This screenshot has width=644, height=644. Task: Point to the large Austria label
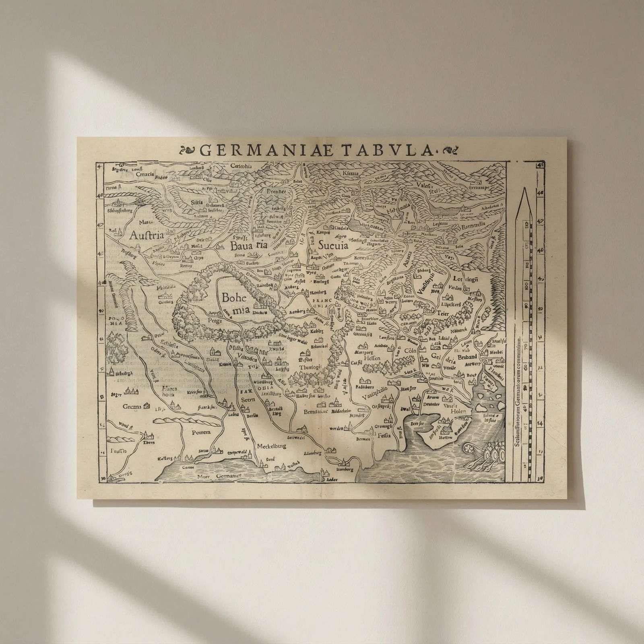coord(147,235)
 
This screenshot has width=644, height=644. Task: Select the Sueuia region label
coord(333,245)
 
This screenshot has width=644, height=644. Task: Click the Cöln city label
coord(410,351)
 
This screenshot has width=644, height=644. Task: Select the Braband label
coord(467,357)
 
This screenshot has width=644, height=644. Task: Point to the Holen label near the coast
coord(458,412)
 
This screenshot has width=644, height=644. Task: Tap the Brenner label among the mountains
coord(276,192)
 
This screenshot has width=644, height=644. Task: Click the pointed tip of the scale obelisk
coord(524,189)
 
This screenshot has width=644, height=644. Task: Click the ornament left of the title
coord(188,151)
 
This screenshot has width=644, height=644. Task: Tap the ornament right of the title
coord(450,151)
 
